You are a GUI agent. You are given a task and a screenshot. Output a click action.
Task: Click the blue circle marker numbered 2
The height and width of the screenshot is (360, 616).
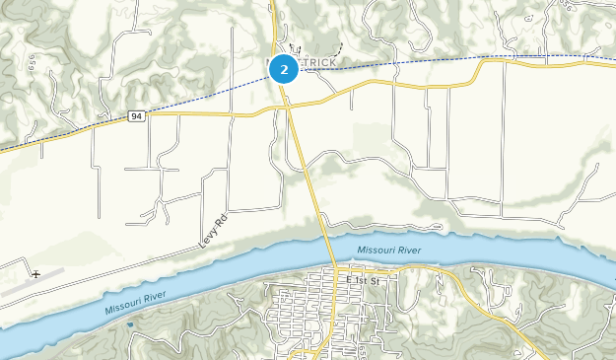(x=284, y=69)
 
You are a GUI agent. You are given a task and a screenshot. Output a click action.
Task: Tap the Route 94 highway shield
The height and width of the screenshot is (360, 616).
(x=136, y=116)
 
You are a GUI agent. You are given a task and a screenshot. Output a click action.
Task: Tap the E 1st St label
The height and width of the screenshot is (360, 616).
(x=363, y=280)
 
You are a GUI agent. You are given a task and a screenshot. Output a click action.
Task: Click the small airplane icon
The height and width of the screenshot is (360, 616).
(x=36, y=273)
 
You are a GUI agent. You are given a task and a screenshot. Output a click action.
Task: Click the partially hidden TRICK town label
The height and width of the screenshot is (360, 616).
(x=317, y=62)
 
